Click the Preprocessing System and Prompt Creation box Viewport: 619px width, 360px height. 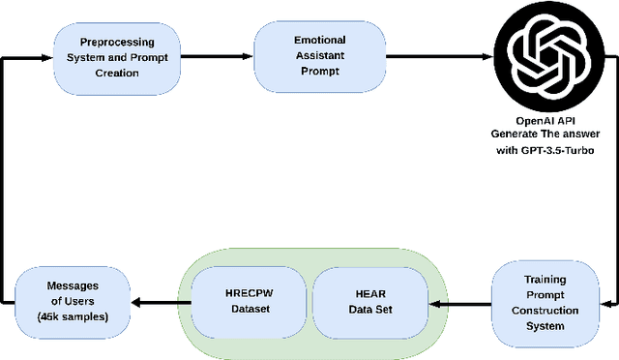(117, 55)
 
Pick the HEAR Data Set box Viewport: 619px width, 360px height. (368, 301)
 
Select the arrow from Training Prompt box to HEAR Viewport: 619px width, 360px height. (459, 303)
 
